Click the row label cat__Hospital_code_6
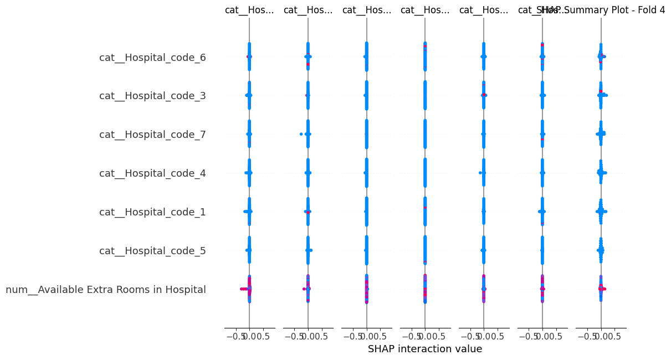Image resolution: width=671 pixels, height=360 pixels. click(152, 57)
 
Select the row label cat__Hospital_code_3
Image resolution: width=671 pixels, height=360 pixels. click(152, 96)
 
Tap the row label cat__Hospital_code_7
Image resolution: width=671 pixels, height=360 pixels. click(152, 135)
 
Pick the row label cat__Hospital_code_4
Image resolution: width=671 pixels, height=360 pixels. click(152, 173)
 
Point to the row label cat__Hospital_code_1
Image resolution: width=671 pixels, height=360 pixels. click(152, 212)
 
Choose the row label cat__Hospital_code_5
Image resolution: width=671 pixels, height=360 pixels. click(152, 251)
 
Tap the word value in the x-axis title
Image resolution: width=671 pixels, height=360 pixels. click(469, 349)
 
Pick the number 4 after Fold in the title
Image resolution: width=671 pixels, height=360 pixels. click(662, 10)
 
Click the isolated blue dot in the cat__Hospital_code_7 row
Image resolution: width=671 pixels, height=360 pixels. click(301, 134)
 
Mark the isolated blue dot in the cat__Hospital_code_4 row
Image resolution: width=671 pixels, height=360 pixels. click(480, 173)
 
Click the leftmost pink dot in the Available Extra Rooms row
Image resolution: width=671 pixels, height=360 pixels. click(241, 289)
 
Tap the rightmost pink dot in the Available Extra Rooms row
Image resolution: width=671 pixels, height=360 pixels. click(605, 289)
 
